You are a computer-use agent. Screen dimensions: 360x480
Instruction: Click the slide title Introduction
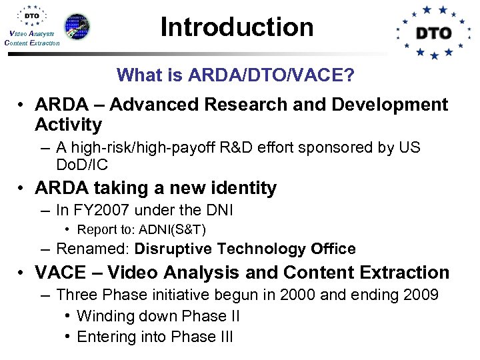click(x=237, y=27)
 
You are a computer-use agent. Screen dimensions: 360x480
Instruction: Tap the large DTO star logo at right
click(x=434, y=32)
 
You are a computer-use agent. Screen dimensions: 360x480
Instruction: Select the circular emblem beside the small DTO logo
click(x=77, y=26)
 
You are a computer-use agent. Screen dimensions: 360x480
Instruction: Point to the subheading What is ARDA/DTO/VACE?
click(x=235, y=75)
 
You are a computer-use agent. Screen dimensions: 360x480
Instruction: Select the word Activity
click(x=68, y=125)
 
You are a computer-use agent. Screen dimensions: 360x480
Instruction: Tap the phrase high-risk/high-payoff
click(x=139, y=147)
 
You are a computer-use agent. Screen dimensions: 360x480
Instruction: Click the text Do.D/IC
click(x=81, y=165)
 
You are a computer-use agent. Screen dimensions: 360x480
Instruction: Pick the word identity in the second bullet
click(x=242, y=189)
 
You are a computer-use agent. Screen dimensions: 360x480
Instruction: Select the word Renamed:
click(x=93, y=249)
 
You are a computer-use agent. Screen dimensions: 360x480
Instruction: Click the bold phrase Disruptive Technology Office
click(x=245, y=249)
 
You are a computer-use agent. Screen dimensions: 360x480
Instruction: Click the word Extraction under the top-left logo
click(x=45, y=43)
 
